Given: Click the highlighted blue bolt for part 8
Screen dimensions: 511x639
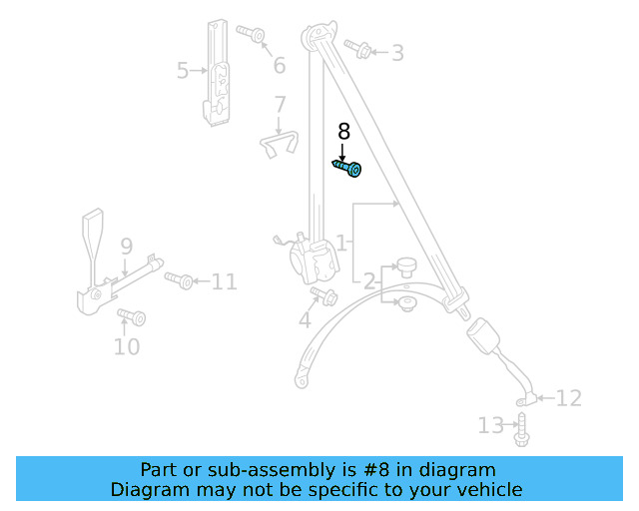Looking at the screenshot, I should click(347, 169).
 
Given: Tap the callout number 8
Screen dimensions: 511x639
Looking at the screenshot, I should click(344, 131).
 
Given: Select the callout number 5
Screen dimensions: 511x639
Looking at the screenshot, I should click(183, 71).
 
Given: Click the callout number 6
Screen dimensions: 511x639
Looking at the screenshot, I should click(279, 66).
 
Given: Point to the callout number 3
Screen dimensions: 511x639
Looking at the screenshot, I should click(397, 53).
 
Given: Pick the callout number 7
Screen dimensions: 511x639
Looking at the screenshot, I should click(280, 104).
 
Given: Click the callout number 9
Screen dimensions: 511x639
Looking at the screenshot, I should click(127, 247).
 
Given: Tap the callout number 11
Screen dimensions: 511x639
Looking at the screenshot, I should click(225, 281).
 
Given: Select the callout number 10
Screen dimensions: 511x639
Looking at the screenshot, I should click(127, 347).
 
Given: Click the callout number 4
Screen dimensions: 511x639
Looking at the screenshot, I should click(305, 320).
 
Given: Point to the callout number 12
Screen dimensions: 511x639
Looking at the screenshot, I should click(568, 399).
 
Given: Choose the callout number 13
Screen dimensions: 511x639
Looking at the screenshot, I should click(490, 426).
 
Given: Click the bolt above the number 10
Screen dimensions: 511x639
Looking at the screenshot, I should click(132, 317).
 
